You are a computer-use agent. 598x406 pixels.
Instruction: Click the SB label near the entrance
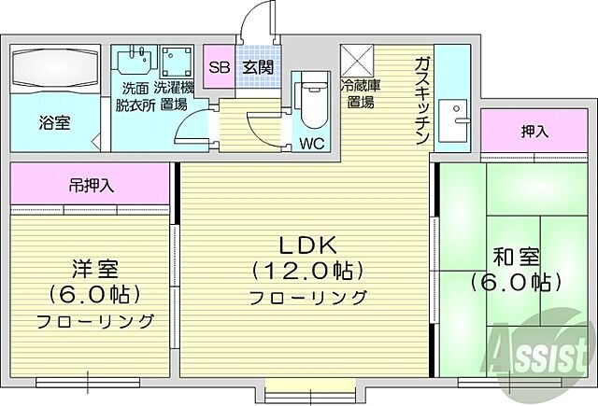(219, 67)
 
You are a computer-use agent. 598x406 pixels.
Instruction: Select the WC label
(310, 143)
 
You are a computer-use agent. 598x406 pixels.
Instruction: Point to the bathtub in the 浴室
(52, 69)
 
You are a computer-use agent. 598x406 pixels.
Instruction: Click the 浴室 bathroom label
(53, 121)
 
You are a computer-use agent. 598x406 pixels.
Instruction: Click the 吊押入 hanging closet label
(91, 185)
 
